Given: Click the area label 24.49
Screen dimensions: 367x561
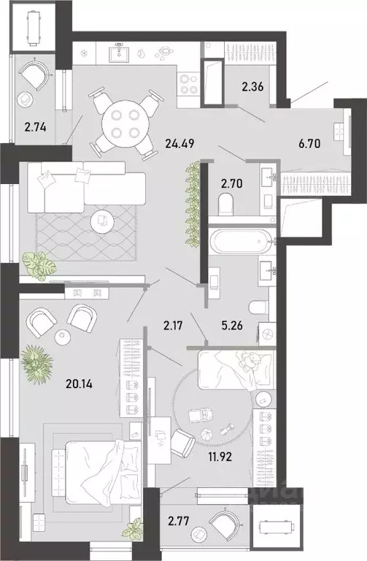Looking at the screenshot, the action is tap(179, 144).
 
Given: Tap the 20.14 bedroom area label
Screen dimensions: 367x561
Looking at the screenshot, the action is tap(79, 384).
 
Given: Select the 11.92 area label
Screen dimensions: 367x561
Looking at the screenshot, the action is tap(220, 457).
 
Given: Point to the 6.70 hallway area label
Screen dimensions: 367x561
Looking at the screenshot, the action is tap(309, 144).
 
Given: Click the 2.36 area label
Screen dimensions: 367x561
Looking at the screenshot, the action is tap(252, 87).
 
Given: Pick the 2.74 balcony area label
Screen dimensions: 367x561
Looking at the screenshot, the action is tap(35, 126).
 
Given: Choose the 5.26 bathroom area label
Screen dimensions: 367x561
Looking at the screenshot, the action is tap(232, 325).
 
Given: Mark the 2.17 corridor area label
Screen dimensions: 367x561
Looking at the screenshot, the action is tap(173, 326).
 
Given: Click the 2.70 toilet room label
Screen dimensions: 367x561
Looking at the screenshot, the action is tap(232, 184).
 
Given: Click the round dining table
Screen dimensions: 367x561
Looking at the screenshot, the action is tap(125, 123).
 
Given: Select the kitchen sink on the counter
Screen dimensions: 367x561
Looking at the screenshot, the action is tap(120, 53).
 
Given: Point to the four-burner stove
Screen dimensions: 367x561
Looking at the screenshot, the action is tap(189, 85).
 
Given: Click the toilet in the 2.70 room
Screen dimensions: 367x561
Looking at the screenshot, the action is tap(226, 203).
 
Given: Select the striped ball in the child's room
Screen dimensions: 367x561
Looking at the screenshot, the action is tap(206, 435).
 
